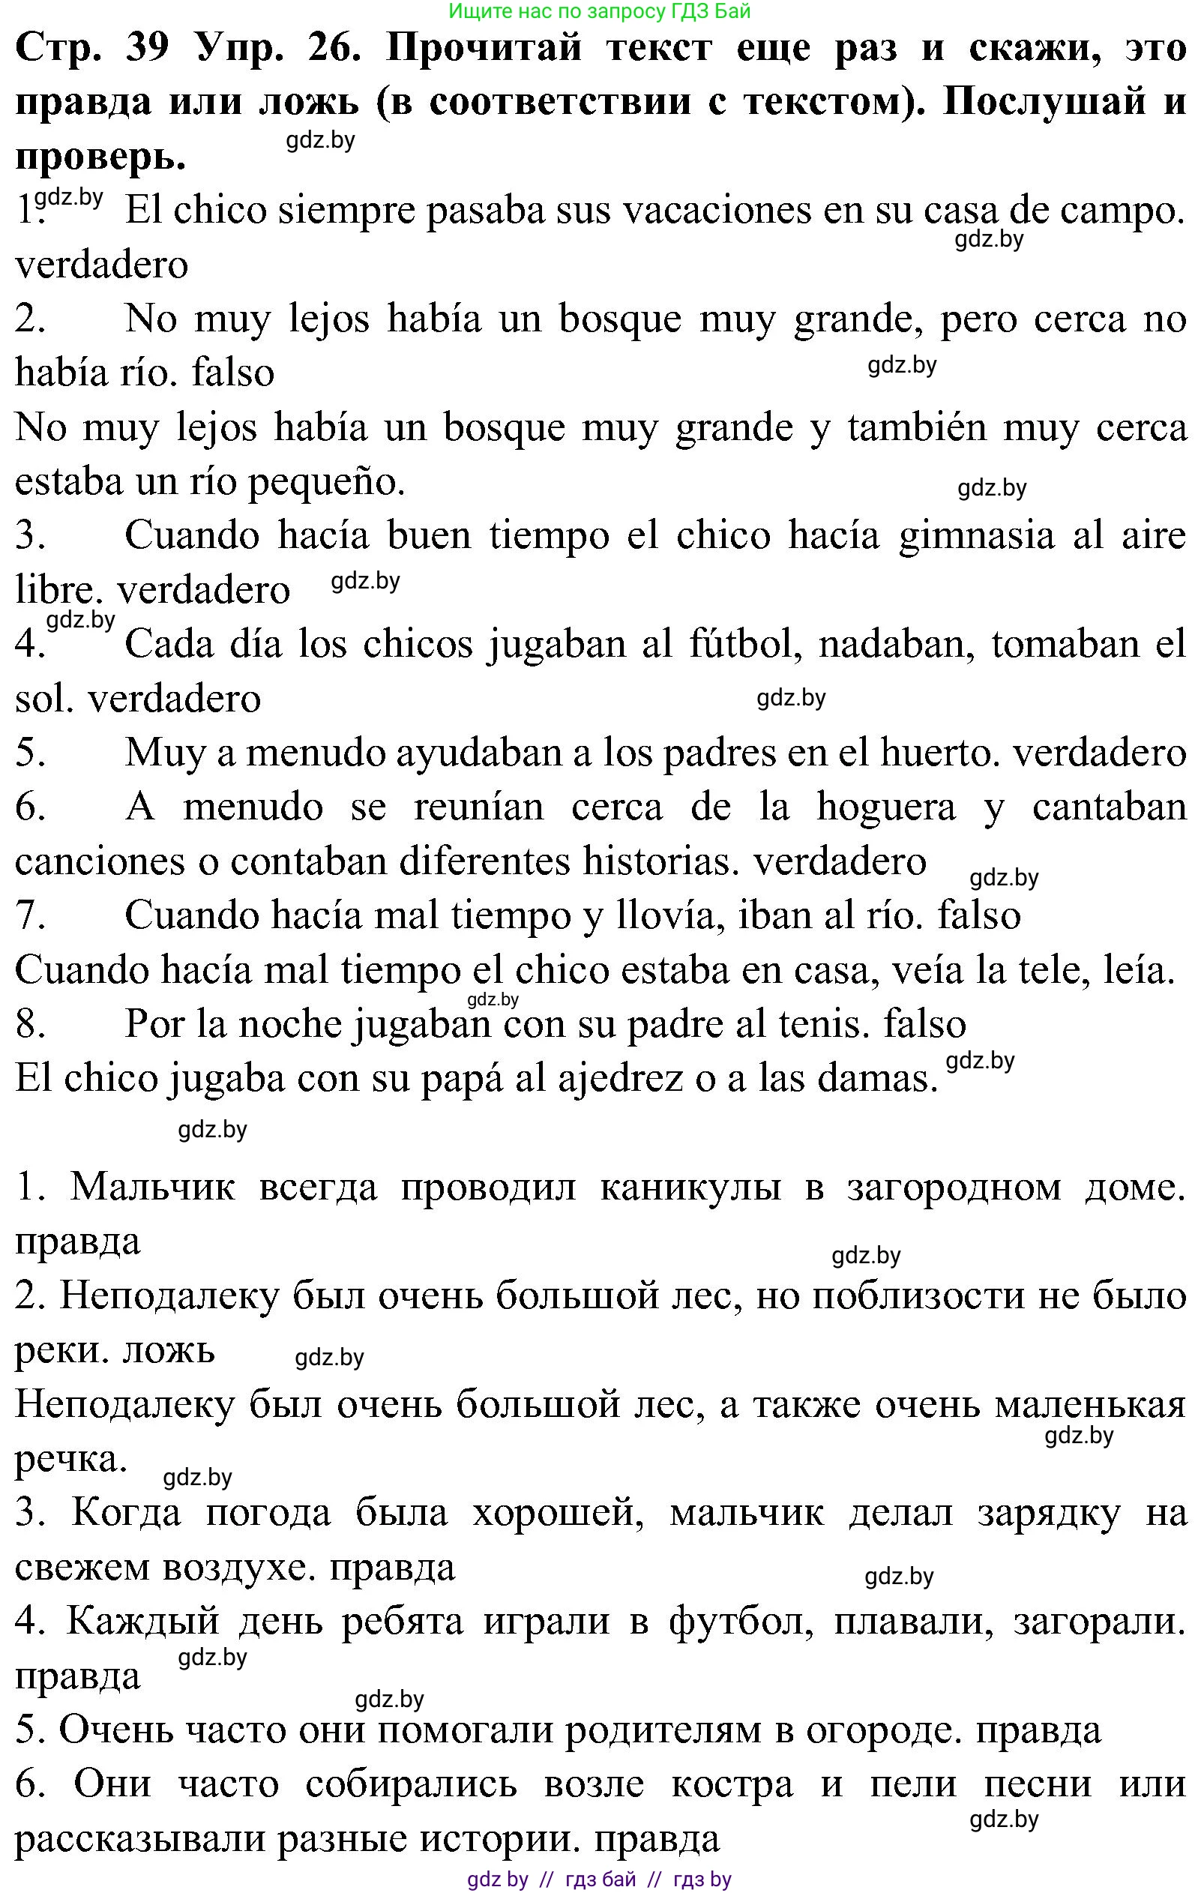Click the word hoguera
886,807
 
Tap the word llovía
668,916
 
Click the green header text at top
600,11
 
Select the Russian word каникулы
690,1187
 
